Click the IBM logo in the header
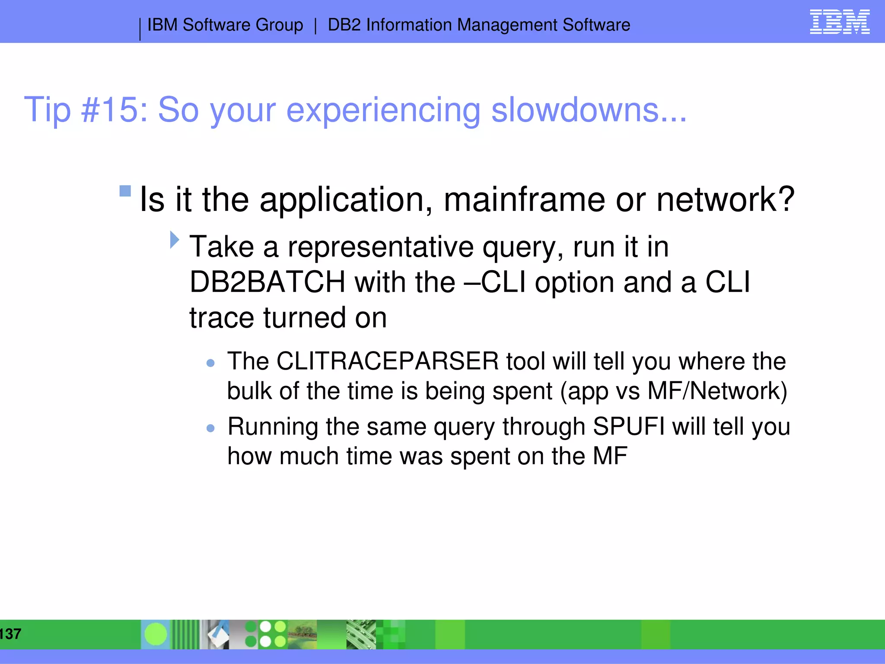(839, 22)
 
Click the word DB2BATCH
(267, 282)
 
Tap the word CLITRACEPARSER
(387, 361)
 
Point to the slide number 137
(10, 634)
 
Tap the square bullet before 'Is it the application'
(125, 191)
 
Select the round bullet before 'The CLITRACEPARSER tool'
(210, 363)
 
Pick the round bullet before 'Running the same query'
(210, 428)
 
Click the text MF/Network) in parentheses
(717, 391)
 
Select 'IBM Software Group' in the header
(225, 25)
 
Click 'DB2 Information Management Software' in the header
(478, 25)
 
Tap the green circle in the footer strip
(156, 634)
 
